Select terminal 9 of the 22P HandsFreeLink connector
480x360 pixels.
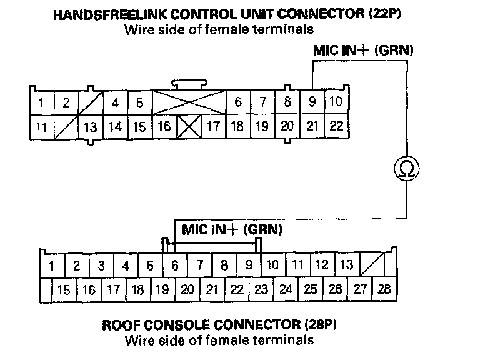coord(312,102)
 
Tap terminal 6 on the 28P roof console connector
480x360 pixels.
coord(175,265)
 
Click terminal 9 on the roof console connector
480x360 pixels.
coord(249,265)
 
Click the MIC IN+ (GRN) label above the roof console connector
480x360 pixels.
coord(232,229)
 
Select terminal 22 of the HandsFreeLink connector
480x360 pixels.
coord(336,126)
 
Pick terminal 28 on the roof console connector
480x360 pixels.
coord(383,289)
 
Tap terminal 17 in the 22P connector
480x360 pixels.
coord(213,126)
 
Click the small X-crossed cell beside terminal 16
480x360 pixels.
coord(189,126)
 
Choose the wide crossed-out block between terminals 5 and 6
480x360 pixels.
coord(189,102)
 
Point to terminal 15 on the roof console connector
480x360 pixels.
coord(63,289)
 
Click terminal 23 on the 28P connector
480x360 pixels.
coord(261,289)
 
